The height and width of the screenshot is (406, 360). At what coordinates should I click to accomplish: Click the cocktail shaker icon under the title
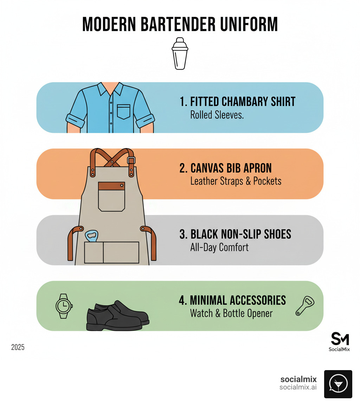[180, 53]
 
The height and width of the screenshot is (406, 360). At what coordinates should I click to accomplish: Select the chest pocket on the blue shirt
[124, 112]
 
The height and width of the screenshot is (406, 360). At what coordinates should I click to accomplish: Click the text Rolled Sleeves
[217, 115]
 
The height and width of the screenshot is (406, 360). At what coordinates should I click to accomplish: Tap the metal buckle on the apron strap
[131, 160]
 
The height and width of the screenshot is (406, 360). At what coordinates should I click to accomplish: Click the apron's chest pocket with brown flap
[111, 197]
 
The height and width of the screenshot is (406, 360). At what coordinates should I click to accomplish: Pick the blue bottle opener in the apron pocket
[91, 236]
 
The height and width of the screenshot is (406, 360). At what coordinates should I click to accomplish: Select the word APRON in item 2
[257, 168]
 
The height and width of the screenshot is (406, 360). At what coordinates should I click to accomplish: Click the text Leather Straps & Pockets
[236, 181]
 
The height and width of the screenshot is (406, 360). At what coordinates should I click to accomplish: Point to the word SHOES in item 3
[277, 234]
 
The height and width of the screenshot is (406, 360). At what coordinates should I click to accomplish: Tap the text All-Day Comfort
[219, 247]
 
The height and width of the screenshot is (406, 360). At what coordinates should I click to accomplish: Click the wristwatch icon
[64, 306]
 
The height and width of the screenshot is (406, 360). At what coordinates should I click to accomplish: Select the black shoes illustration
[118, 315]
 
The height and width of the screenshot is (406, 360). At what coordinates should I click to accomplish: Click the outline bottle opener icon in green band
[305, 306]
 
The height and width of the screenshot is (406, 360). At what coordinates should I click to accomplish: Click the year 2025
[18, 347]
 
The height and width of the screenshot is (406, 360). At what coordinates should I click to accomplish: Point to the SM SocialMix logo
[340, 342]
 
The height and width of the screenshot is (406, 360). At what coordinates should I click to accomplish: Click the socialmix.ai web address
[298, 387]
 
